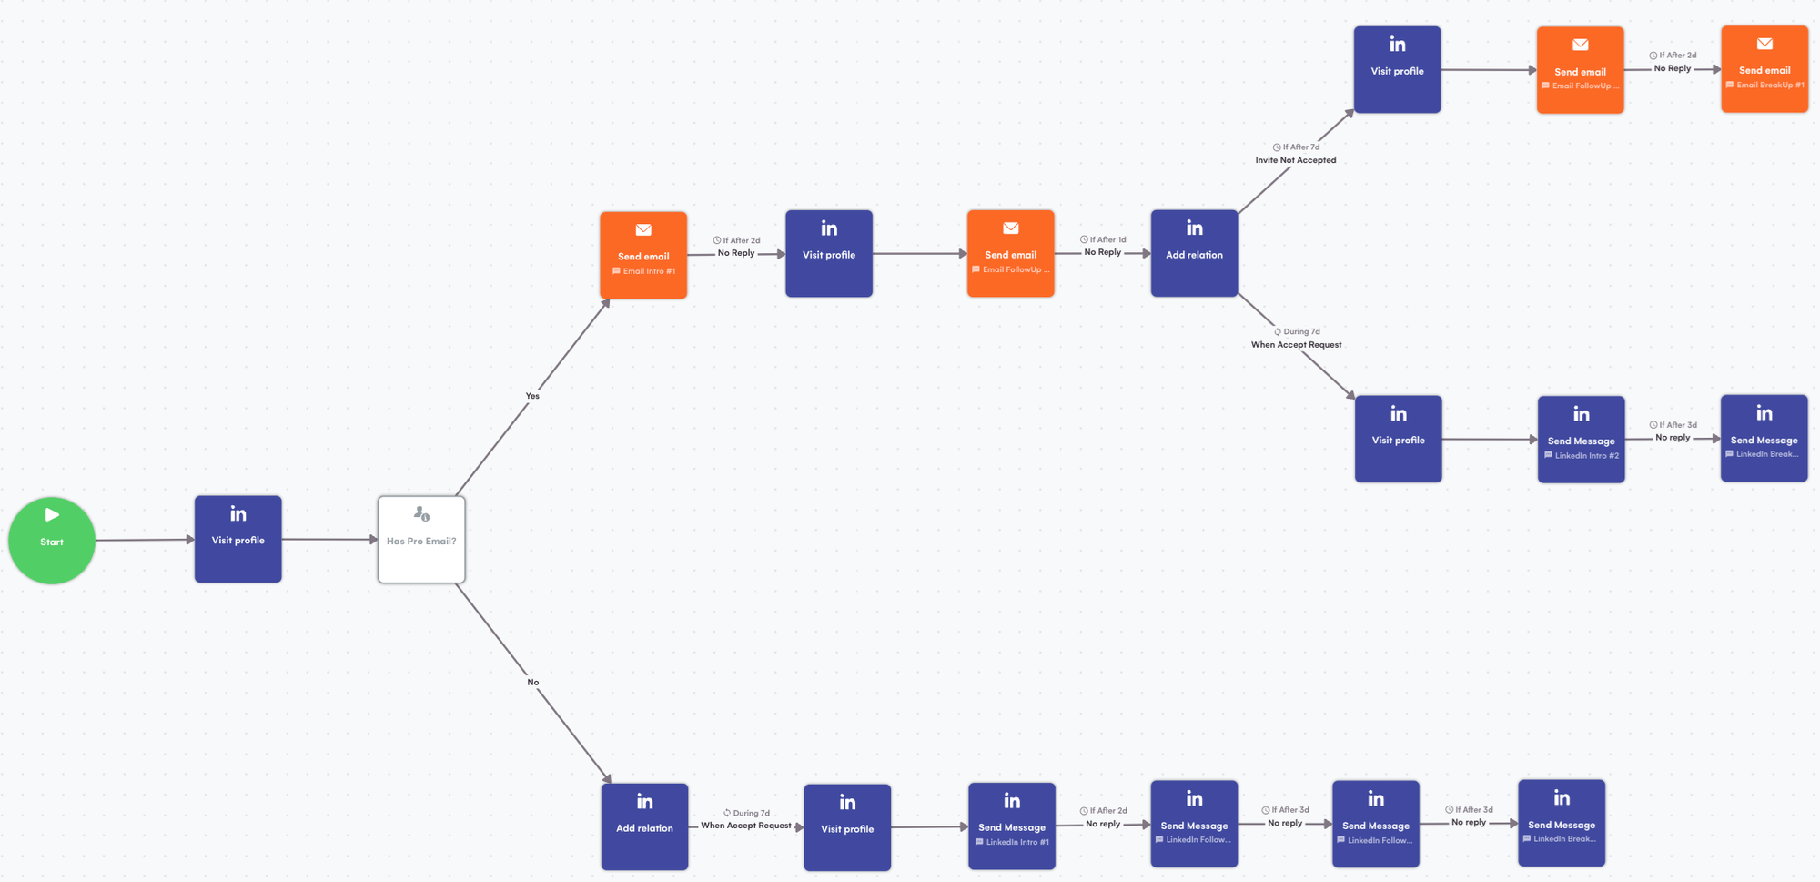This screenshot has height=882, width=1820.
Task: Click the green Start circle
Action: pyautogui.click(x=52, y=540)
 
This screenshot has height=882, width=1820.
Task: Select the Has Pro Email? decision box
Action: pyautogui.click(x=421, y=540)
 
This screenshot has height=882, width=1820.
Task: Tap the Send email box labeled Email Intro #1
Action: pyautogui.click(x=643, y=256)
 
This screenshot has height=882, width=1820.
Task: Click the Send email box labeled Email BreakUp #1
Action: pyautogui.click(x=1764, y=70)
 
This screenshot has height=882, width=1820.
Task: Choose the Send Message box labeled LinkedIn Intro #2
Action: pyautogui.click(x=1581, y=440)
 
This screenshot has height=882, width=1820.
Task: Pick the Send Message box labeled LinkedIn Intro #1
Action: pyautogui.click(x=1011, y=826)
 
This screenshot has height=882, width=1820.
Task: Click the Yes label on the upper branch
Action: pyautogui.click(x=532, y=396)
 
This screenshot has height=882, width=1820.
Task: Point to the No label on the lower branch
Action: pyautogui.click(x=533, y=683)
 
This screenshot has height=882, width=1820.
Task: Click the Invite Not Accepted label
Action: pyautogui.click(x=1296, y=160)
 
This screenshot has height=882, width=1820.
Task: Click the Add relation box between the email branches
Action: pyautogui.click(x=1194, y=254)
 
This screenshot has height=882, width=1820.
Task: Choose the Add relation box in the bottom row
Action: pyautogui.click(x=644, y=826)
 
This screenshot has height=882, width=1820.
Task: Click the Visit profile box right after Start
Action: pyautogui.click(x=238, y=539)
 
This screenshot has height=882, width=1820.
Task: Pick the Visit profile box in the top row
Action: pyautogui.click(x=1397, y=70)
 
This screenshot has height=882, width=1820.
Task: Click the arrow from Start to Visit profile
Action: pyautogui.click(x=146, y=540)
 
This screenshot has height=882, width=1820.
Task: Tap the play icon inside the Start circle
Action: pyautogui.click(x=52, y=515)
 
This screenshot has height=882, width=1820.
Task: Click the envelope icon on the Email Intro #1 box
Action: pyautogui.click(x=643, y=230)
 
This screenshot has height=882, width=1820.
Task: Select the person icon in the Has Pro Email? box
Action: pyautogui.click(x=421, y=514)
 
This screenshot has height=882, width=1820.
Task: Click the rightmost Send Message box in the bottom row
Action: pyautogui.click(x=1561, y=823)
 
